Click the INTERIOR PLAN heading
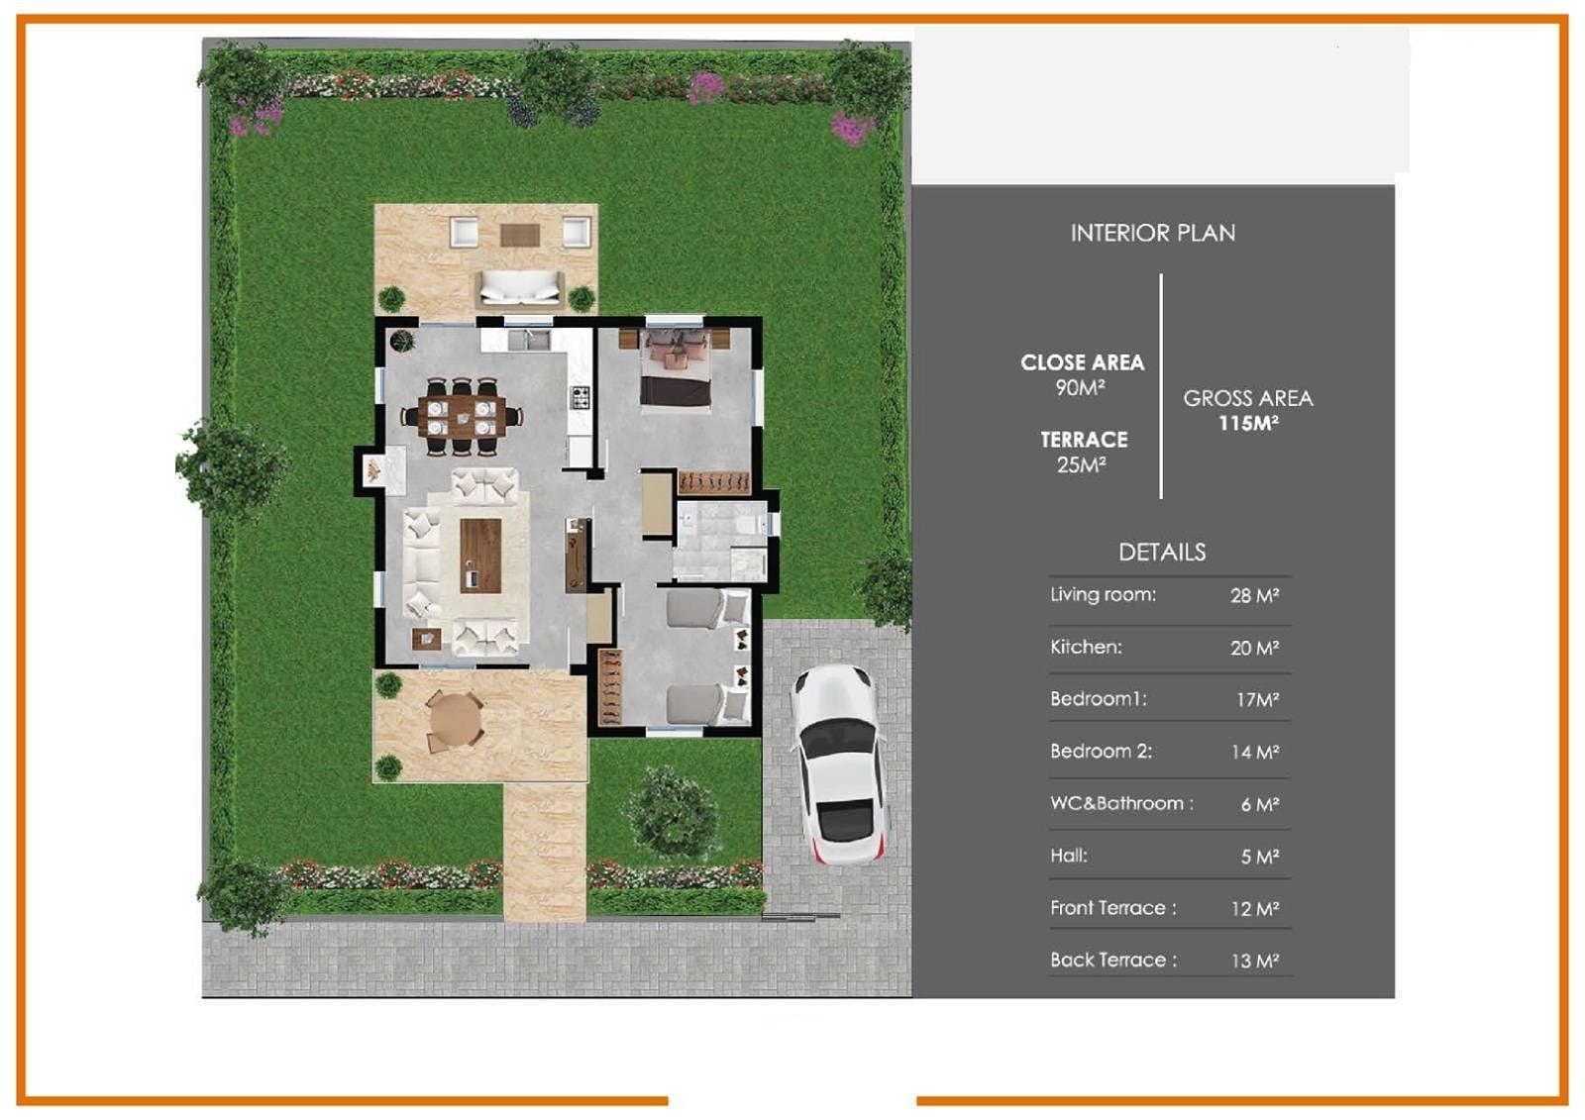1153,233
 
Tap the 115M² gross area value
1248,424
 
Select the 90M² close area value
1081,388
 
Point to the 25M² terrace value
1083,464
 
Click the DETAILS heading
1162,552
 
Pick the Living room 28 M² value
1254,596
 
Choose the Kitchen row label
1086,647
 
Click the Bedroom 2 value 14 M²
1255,752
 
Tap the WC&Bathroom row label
1121,804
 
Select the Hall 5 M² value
1260,857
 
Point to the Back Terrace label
1113,961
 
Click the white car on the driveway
838,764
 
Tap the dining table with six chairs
462,417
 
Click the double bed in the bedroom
675,368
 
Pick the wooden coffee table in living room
480,556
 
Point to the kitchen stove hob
581,398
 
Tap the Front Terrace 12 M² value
1255,908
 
